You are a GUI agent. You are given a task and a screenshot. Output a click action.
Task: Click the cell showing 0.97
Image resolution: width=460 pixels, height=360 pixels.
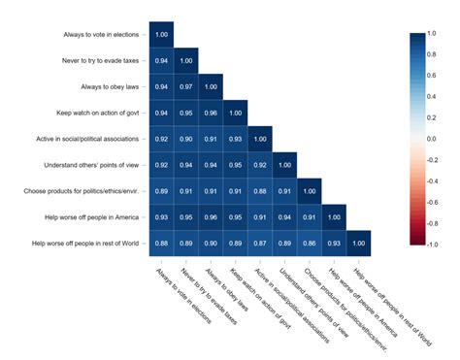coord(186,85)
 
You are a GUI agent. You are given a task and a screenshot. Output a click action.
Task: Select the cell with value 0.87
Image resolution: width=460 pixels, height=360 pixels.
coord(260,243)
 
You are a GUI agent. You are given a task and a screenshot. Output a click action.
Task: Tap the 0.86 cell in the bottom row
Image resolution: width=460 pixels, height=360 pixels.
coord(310,243)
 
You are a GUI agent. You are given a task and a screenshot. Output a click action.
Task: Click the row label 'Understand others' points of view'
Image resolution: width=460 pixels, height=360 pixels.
coord(83,165)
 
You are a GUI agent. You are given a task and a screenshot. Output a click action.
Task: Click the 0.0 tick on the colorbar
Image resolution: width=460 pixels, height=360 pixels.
coord(429,139)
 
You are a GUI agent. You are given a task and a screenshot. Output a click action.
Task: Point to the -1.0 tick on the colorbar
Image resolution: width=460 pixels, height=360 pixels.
coord(429,245)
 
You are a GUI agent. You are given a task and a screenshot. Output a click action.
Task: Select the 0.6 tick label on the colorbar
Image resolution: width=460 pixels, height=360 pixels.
coord(429,76)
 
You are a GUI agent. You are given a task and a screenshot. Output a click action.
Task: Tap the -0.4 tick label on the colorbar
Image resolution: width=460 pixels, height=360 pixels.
coord(429,181)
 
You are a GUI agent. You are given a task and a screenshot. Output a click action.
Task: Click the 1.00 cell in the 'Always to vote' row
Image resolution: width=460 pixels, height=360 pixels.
coord(162,34)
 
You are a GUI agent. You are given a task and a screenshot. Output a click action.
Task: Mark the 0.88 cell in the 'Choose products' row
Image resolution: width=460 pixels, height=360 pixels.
coord(260,191)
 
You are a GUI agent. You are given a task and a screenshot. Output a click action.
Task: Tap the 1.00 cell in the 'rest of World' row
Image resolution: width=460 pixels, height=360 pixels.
coord(359,243)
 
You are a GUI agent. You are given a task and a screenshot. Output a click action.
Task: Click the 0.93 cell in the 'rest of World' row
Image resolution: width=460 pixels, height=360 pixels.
coord(334,243)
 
